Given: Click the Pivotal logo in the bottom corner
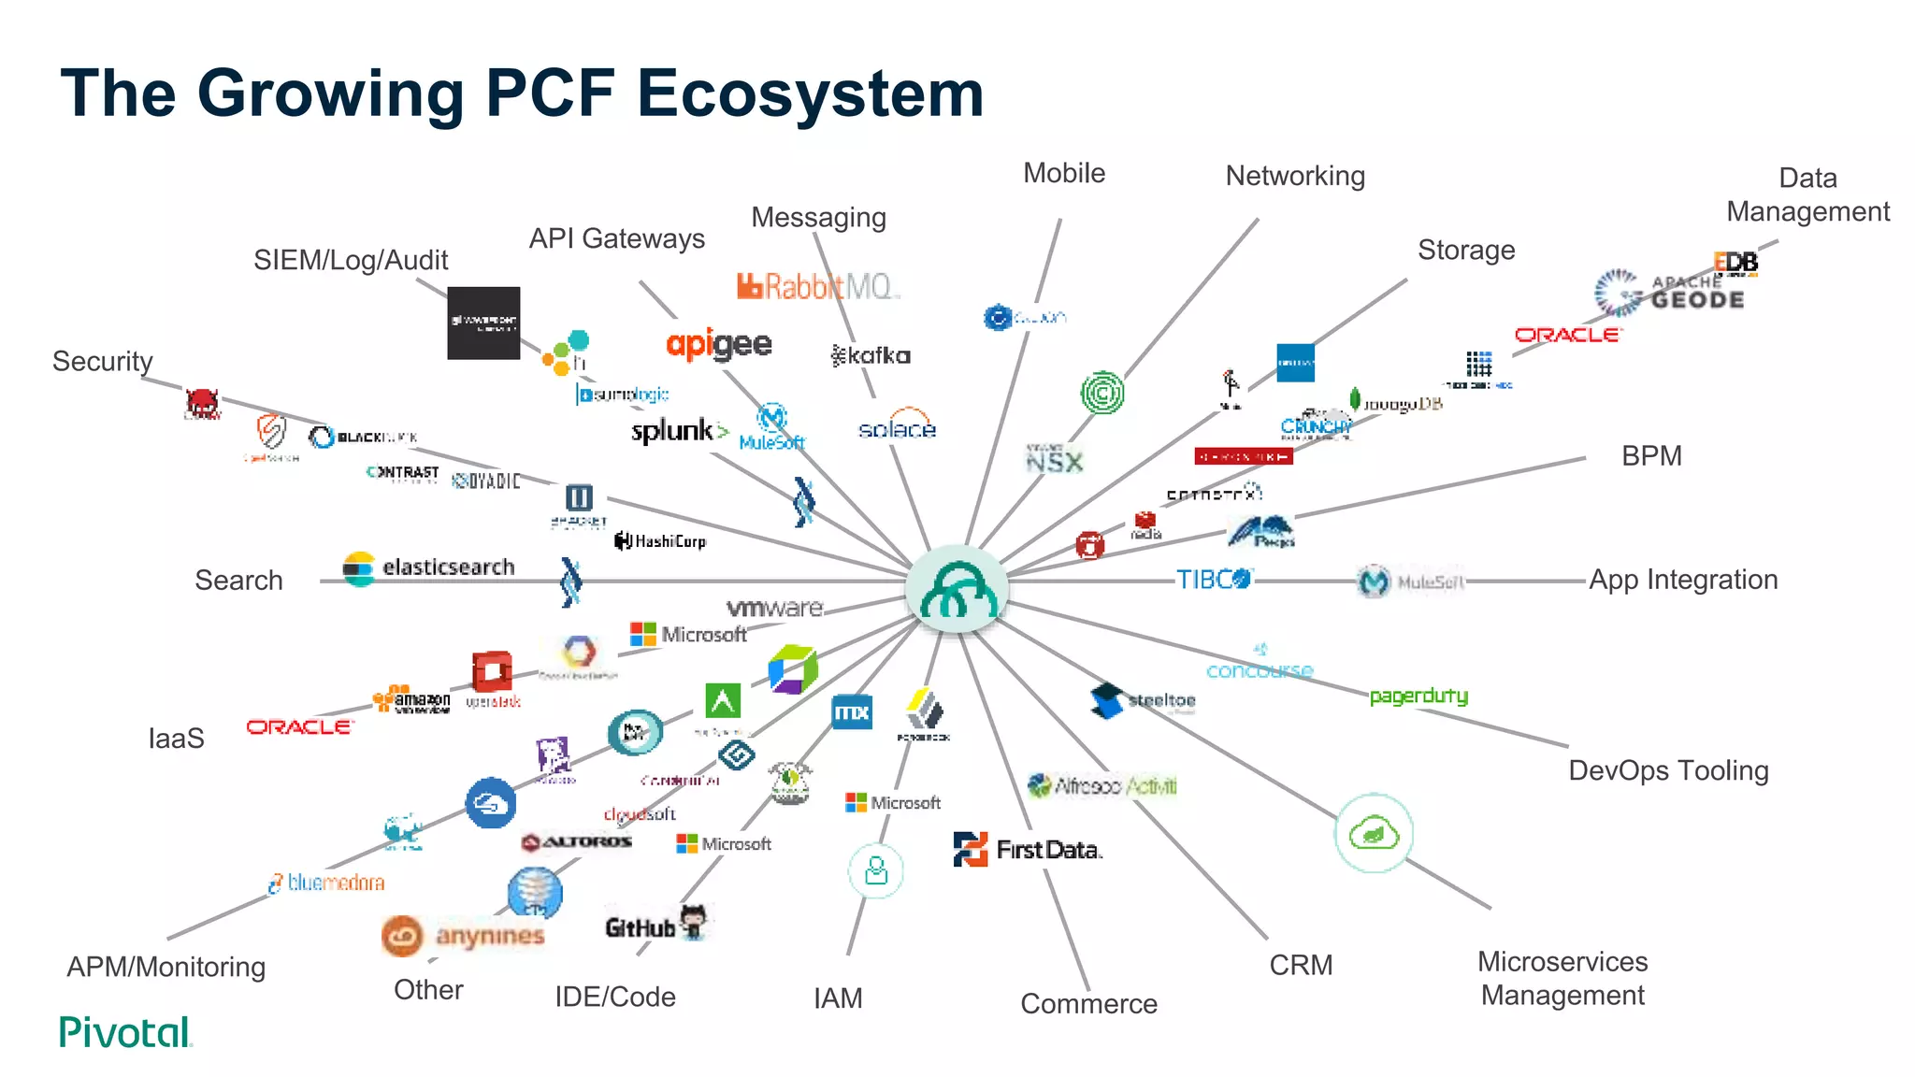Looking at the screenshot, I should (x=125, y=1032).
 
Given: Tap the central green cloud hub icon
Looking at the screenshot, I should (x=957, y=589).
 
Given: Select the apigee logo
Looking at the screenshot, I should (x=719, y=345).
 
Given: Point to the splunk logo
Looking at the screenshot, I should (x=679, y=431).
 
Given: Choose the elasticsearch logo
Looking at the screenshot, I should (x=430, y=567).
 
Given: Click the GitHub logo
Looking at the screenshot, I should (x=655, y=926).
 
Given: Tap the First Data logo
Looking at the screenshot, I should (x=1028, y=849).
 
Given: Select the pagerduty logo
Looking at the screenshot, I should (x=1418, y=696).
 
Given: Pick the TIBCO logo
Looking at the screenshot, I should (x=1213, y=580).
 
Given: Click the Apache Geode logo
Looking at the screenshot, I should (x=1669, y=293).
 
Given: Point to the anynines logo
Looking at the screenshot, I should (x=464, y=936).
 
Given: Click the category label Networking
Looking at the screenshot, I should (x=1295, y=176).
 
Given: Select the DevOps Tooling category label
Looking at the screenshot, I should (x=1668, y=770).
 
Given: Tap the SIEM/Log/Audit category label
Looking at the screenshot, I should (x=351, y=260).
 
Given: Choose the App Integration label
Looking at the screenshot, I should (x=1683, y=580).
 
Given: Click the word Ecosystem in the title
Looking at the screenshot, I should (x=810, y=93).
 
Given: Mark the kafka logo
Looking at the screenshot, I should (x=871, y=355).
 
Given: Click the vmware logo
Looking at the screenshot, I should (x=774, y=608).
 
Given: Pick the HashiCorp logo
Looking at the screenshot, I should (x=661, y=540).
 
